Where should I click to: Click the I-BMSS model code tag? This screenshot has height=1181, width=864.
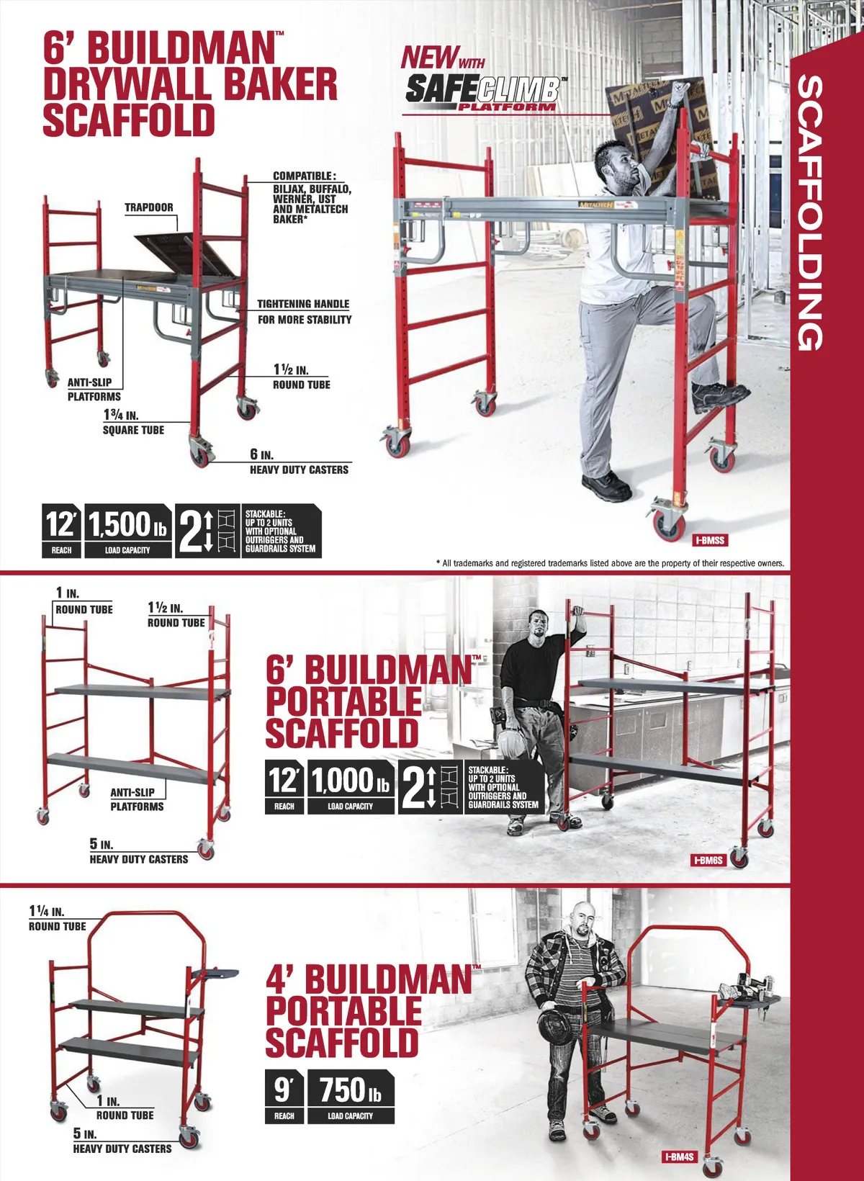[x=710, y=540]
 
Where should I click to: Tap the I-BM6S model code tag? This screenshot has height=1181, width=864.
[x=708, y=861]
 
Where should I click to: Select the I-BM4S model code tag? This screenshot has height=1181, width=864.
[x=680, y=1157]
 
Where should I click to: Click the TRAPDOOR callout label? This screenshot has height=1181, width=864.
[x=148, y=207]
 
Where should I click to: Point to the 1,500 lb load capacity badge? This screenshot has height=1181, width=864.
[x=127, y=531]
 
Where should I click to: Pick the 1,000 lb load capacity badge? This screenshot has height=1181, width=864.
[x=351, y=786]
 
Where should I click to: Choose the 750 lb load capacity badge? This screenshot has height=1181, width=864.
[x=351, y=1096]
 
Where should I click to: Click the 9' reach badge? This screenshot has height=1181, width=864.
[x=284, y=1096]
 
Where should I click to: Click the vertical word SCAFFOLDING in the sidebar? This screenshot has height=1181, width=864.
[x=810, y=213]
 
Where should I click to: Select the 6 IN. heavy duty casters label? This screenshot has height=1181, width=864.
[x=299, y=462]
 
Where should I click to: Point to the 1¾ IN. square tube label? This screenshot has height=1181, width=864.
[x=133, y=422]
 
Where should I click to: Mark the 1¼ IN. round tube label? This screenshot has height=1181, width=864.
[x=57, y=918]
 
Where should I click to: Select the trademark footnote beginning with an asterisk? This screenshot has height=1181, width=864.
[x=610, y=563]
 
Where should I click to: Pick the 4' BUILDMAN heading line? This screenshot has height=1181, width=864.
[x=369, y=980]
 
